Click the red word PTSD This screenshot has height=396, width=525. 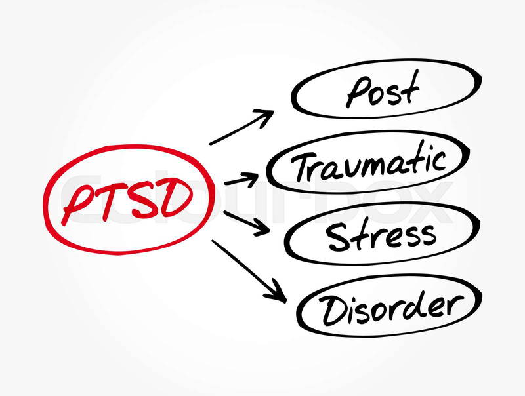coord(127,203)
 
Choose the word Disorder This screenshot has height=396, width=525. coord(391,307)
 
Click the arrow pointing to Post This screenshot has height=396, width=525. coord(241,127)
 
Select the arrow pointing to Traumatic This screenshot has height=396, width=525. coord(241,180)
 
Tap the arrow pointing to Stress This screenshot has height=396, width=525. coord(247,223)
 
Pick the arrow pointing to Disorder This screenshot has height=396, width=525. coord(249,270)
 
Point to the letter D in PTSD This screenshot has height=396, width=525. coord(177,198)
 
